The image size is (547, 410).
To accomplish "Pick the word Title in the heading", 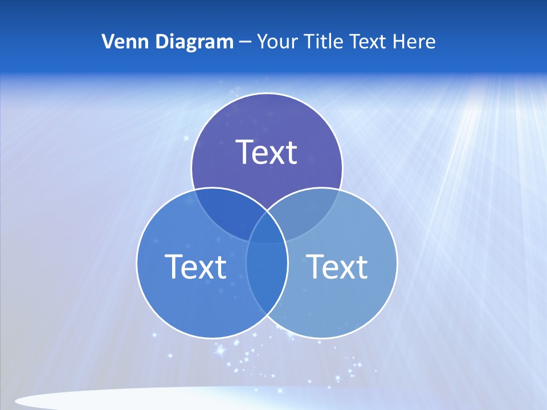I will coord(323,42).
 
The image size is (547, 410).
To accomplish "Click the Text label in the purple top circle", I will coord(267,152).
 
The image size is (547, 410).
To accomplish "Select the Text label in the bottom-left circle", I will coord(195,266).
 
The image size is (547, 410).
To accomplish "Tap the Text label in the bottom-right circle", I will coord(337,266).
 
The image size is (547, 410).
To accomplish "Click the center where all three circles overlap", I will coord(267,231).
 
